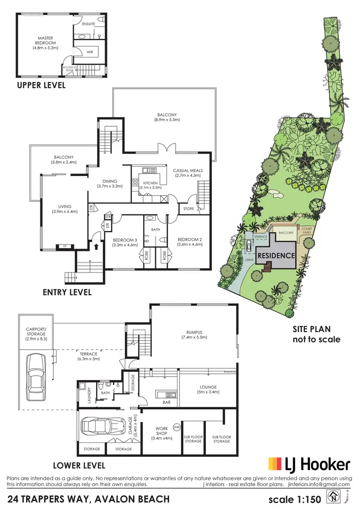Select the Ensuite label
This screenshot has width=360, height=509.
(x=89, y=24)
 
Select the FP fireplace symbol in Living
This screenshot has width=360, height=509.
(x=64, y=247)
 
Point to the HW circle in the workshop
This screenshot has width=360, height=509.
(x=176, y=426)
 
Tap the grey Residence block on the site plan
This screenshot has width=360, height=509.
(x=276, y=256)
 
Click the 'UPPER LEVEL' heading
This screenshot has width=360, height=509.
(x=41, y=86)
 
